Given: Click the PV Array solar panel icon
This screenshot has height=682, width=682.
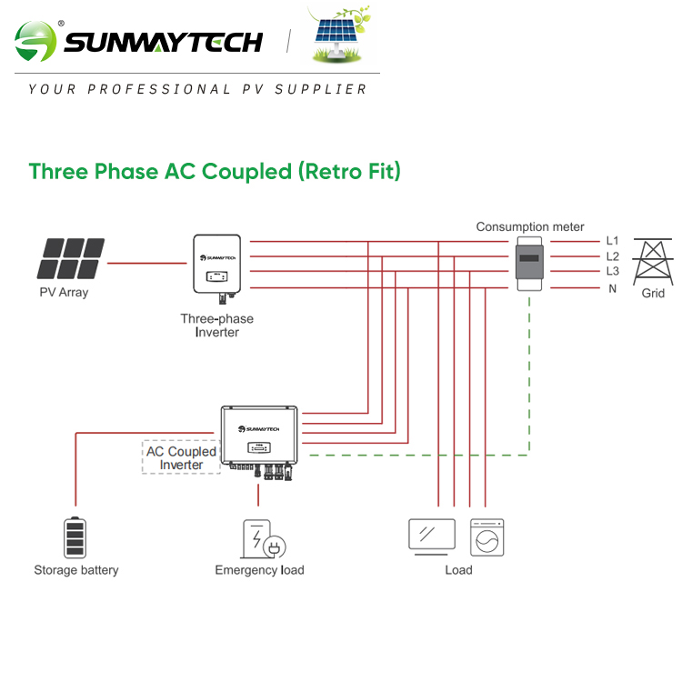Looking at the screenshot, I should tap(71, 259).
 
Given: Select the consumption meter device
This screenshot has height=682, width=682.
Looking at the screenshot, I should tap(529, 264).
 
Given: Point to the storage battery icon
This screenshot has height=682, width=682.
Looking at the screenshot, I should tap(75, 537).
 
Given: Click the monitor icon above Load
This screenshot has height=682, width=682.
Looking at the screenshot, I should tap(432, 536).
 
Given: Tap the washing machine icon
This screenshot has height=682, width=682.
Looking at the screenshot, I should tap(486, 537).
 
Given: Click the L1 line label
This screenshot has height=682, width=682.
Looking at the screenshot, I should tap(612, 241).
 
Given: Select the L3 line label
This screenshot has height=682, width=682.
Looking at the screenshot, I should tap(612, 272).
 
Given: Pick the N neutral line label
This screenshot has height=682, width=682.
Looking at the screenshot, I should tap(612, 288).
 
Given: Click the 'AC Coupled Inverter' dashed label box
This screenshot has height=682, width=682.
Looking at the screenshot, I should tap(182, 458).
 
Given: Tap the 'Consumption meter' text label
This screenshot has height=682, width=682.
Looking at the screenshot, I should tap(530, 226).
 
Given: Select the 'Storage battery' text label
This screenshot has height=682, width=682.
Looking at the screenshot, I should tap(76, 570).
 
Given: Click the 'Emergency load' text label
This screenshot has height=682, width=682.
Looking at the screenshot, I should tap(259, 570).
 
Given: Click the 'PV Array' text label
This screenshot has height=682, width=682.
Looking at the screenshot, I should tap(64, 293).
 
